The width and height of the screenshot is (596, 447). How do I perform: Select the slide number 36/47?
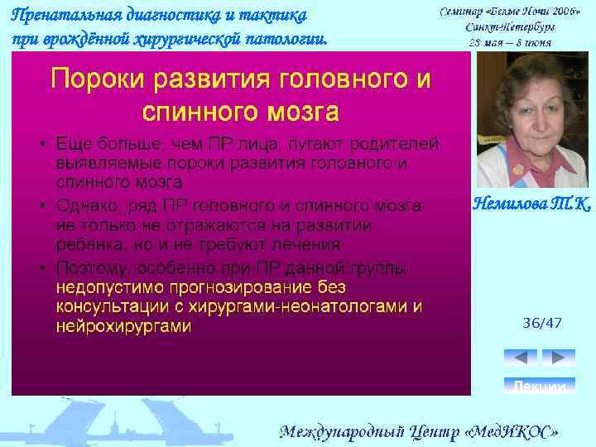click(x=542, y=323)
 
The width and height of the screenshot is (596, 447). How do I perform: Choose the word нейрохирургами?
click(x=123, y=327)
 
